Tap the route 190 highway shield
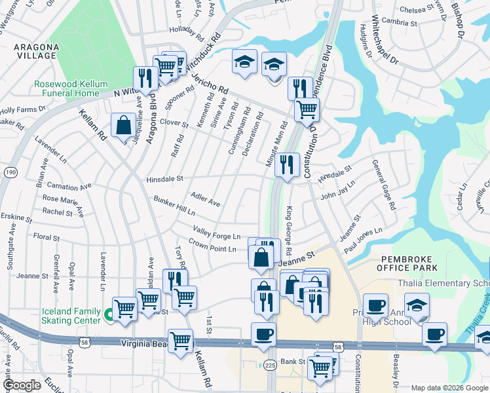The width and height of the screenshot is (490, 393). coord(10,172)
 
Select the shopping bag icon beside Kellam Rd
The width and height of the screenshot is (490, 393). coord(123,124)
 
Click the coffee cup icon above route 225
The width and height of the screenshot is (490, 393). coord(264,334)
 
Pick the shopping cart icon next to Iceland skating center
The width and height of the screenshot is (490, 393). coord(124,309)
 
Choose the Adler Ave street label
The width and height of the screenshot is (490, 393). coord(205,199)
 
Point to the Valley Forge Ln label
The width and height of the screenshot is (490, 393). coord(217,233)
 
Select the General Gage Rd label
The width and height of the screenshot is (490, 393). coord(384,185)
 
